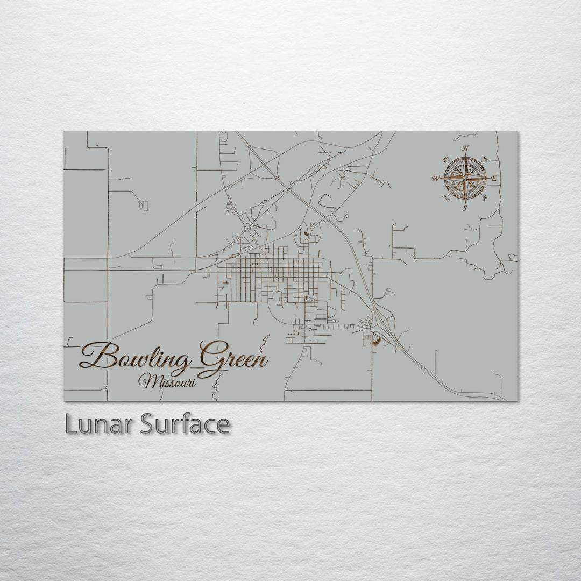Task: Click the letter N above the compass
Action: coord(465,149)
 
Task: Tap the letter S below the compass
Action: coord(465,207)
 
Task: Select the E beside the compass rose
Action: coord(494,178)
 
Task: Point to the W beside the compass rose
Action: coord(436,178)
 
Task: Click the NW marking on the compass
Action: coord(445,159)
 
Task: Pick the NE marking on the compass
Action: coord(485,159)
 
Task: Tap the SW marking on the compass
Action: coord(445,197)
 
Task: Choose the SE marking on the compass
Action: coord(485,197)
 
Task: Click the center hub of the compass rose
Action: coord(465,178)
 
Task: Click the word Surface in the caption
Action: coord(185,424)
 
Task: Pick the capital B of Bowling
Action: coord(100,356)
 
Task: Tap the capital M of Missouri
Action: coord(146,381)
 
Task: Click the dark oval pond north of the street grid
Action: coord(306,234)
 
